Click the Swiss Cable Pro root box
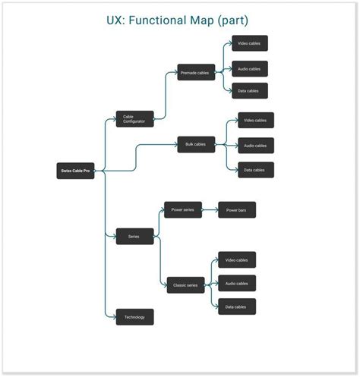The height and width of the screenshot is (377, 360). [x=76, y=171]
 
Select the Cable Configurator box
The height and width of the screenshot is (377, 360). [x=134, y=119]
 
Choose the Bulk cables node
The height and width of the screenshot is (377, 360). [x=196, y=144]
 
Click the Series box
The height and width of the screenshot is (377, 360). [x=134, y=237]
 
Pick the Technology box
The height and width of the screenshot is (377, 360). [x=134, y=317]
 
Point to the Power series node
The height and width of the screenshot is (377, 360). [x=183, y=210]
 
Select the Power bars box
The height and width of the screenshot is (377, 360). [x=237, y=210]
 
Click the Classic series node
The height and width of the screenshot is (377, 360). [x=186, y=285]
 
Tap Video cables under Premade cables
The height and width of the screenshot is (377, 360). [x=249, y=43]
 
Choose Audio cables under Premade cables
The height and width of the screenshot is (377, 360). [x=249, y=69]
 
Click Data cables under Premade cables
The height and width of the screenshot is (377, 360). [x=249, y=91]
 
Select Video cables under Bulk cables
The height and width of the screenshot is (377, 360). [x=255, y=121]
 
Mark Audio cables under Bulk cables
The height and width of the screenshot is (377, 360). [x=255, y=146]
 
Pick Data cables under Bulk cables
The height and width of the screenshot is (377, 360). [x=255, y=170]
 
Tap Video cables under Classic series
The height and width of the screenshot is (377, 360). [x=237, y=260]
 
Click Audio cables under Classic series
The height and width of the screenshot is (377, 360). [x=237, y=284]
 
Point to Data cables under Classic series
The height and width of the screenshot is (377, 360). [x=237, y=307]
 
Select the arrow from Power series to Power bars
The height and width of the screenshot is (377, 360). [x=210, y=210]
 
